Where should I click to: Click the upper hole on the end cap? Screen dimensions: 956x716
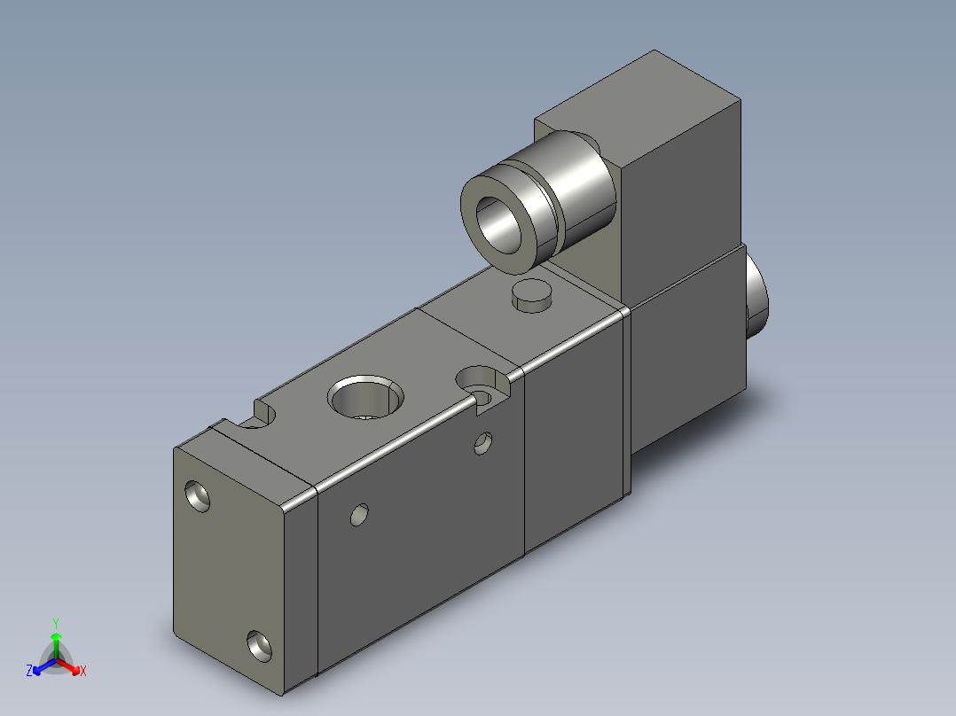coord(197,496)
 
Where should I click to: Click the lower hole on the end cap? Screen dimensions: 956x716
coord(259,646)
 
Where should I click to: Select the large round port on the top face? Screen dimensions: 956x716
coord(365,396)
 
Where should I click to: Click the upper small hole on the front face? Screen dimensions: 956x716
coord(482,443)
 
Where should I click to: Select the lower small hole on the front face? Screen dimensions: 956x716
coord(360,515)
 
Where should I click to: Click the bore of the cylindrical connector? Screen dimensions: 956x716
coord(499,224)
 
